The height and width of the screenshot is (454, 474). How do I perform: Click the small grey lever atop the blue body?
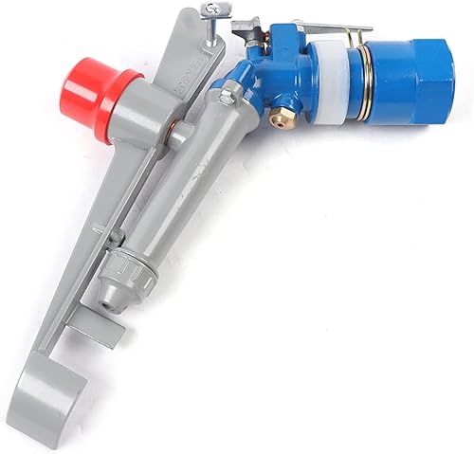pyautogui.click(x=248, y=27)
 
